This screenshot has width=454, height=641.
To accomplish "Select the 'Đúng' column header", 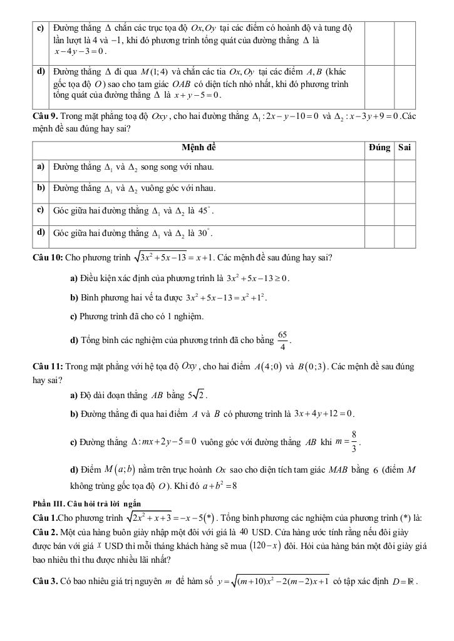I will click(x=379, y=148).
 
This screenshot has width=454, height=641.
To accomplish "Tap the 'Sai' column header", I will click(x=404, y=148).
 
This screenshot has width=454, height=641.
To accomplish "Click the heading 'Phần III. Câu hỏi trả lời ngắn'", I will click(x=87, y=503).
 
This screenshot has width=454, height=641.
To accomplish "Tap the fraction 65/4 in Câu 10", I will click(x=283, y=341).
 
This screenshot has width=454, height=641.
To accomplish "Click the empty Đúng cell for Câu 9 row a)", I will click(x=379, y=167).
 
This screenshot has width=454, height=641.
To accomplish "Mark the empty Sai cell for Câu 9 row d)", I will click(x=404, y=233).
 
